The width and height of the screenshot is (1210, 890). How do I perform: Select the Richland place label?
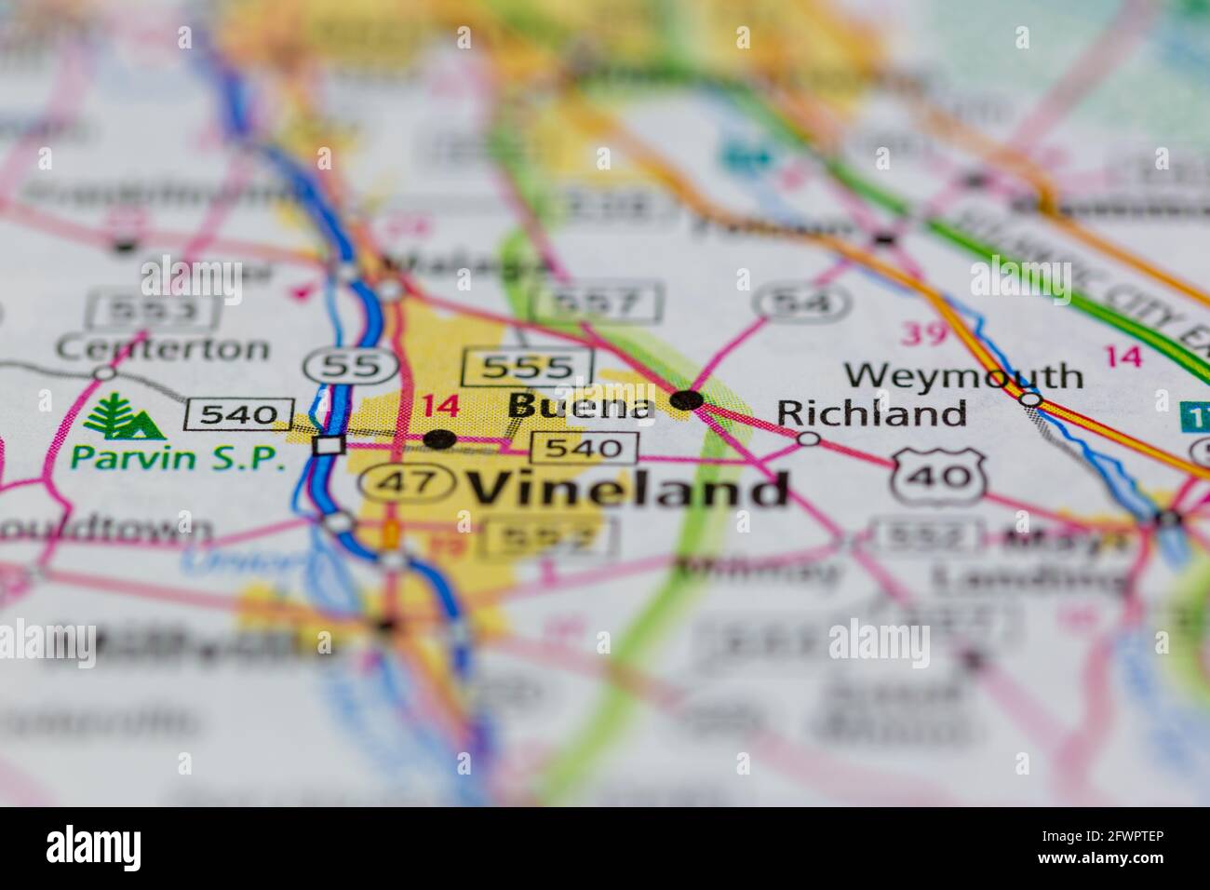click(871, 412)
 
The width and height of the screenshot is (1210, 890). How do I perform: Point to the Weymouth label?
click(963, 376)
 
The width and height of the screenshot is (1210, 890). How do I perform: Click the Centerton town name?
click(162, 348)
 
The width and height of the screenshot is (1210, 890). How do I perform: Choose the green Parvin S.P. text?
click(179, 457)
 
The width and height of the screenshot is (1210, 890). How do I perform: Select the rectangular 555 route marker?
click(528, 368)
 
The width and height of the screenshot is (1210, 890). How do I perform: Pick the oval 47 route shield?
click(408, 482)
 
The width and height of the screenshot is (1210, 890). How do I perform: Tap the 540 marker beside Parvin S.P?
click(239, 413)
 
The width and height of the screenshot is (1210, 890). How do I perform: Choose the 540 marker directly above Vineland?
click(584, 449)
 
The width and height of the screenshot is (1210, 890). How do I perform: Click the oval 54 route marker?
click(802, 302)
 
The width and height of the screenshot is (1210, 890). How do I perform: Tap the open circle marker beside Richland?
click(809, 438)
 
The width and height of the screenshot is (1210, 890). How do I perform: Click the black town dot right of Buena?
click(687, 400)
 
